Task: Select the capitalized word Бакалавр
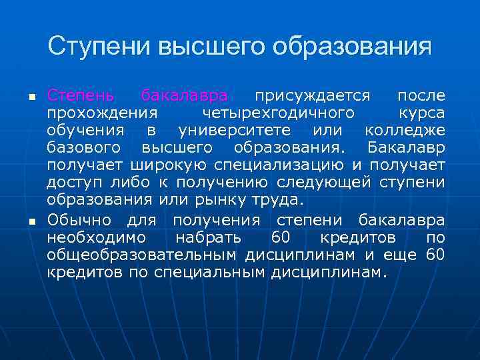(406, 147)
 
